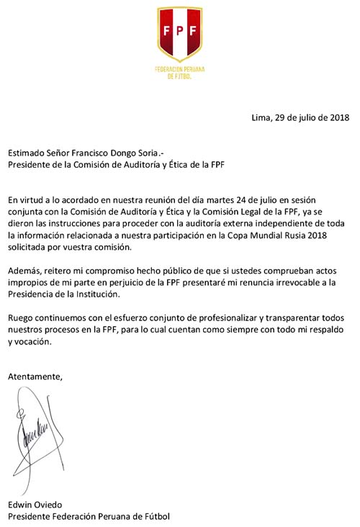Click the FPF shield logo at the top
point(179,32)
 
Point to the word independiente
point(270,224)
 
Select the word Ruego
point(22,317)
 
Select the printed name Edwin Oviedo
point(35,503)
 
